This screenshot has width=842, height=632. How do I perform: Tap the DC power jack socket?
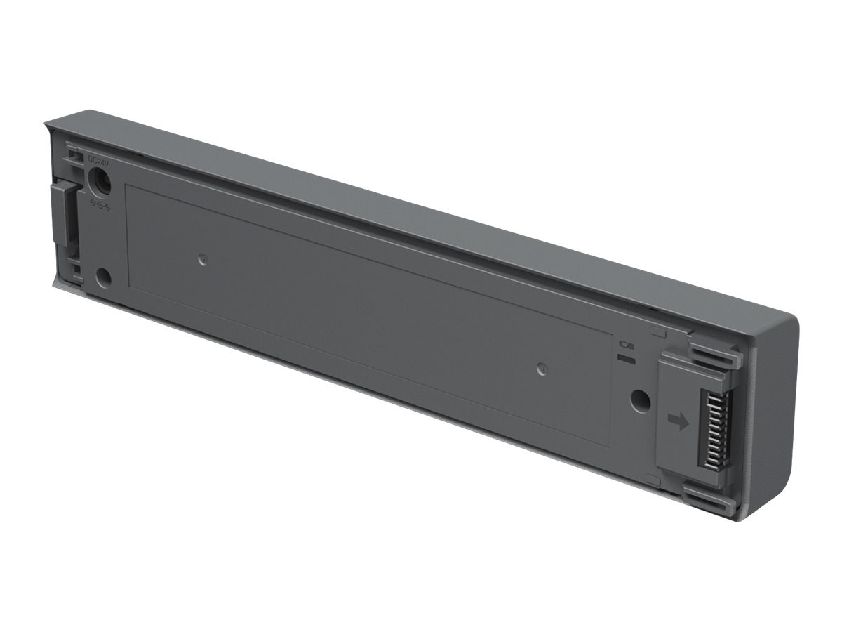click(100, 180)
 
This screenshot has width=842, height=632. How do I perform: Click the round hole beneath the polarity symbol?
click(103, 277)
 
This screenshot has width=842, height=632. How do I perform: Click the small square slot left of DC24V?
click(72, 151)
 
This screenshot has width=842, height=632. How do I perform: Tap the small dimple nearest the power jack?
click(202, 259)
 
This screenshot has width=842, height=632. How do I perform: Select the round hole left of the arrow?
click(639, 401)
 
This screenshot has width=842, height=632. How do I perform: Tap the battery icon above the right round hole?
click(625, 344)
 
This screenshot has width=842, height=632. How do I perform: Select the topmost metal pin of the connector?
click(723, 394)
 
